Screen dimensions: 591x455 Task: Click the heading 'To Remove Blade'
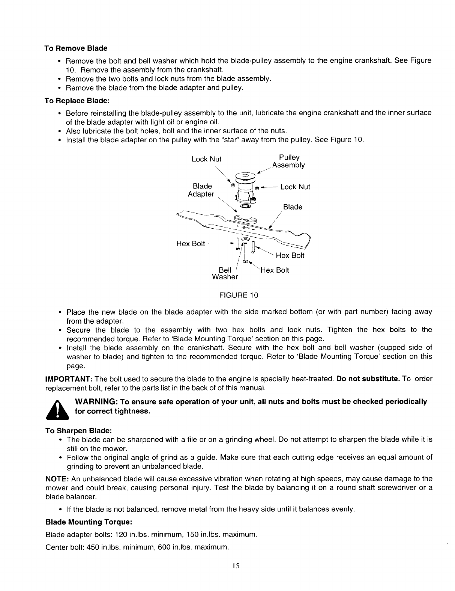tap(76, 48)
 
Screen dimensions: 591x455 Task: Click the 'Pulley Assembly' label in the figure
tap(288, 161)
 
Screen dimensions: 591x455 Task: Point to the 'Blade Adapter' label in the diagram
tap(201, 190)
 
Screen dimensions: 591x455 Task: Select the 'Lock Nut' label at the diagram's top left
tap(206, 159)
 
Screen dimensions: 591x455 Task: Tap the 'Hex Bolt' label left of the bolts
tap(191, 244)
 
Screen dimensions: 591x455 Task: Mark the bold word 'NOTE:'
tap(56, 479)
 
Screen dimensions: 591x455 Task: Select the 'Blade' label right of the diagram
tap(293, 207)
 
